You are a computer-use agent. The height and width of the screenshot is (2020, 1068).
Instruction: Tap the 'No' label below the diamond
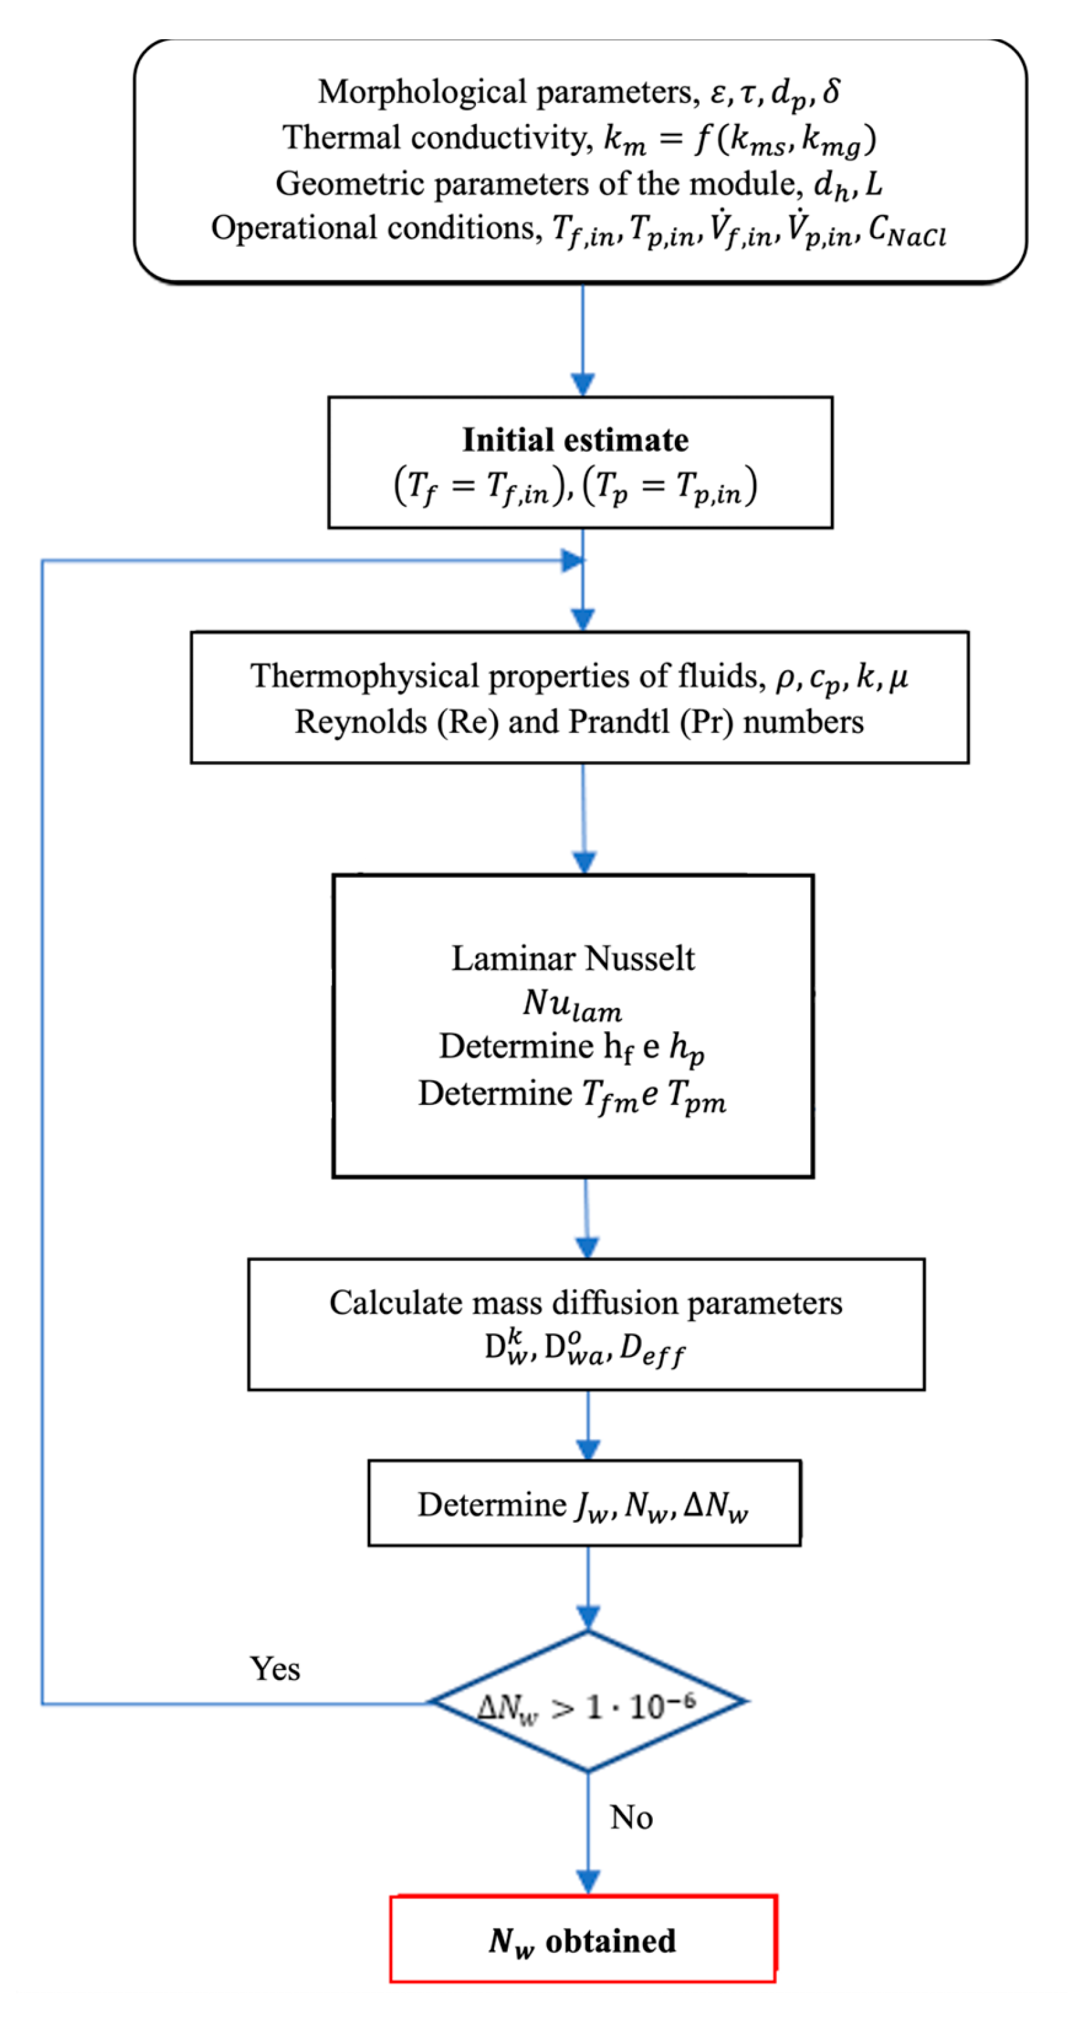tap(631, 1817)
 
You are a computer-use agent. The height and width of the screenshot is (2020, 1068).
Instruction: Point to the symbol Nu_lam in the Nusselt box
tap(573, 1004)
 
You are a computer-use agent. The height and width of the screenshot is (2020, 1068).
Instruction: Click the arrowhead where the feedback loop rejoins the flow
tap(573, 561)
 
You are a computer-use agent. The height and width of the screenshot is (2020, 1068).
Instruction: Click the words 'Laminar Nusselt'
tap(573, 958)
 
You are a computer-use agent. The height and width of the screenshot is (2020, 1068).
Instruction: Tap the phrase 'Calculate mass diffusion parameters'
tap(586, 1303)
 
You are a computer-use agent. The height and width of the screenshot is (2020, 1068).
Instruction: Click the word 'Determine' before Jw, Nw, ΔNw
tap(492, 1505)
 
